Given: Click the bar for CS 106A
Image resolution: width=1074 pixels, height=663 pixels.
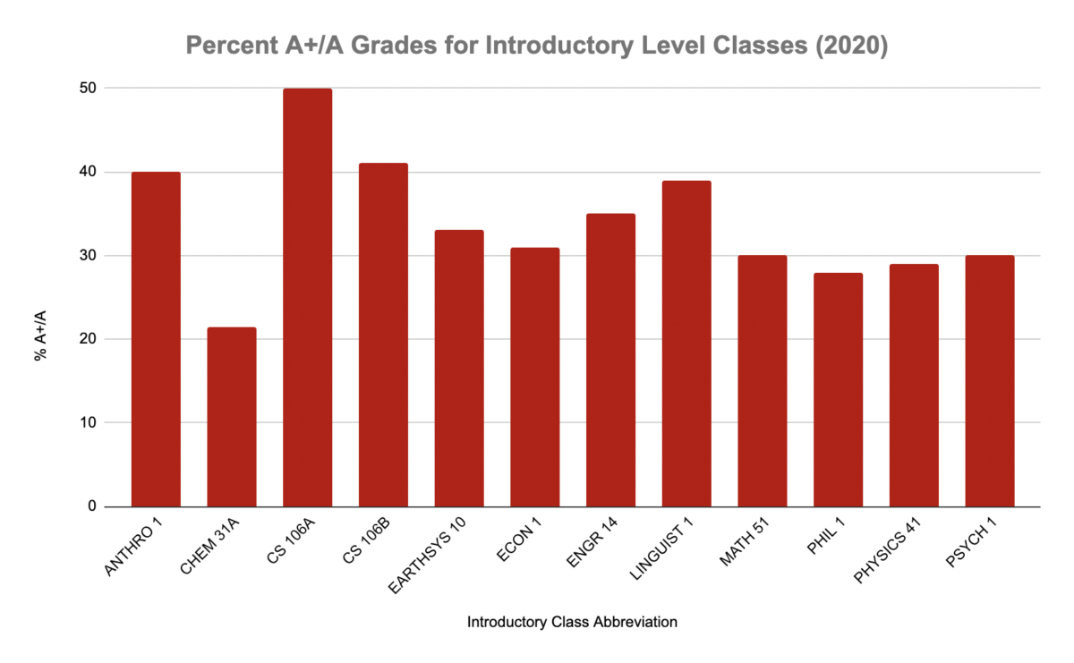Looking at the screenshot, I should click(307, 297).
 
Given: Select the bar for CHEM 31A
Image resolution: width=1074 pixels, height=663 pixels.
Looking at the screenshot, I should click(231, 417).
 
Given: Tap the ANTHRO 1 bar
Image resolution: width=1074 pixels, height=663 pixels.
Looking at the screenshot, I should click(156, 339).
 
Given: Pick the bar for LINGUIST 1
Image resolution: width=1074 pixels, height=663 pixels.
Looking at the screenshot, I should click(686, 344).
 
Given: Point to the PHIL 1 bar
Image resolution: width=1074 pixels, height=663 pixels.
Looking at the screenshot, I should click(839, 389).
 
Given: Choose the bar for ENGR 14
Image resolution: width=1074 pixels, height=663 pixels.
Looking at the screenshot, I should click(610, 360).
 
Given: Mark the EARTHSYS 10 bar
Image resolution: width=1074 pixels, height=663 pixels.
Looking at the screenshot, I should click(459, 368).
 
